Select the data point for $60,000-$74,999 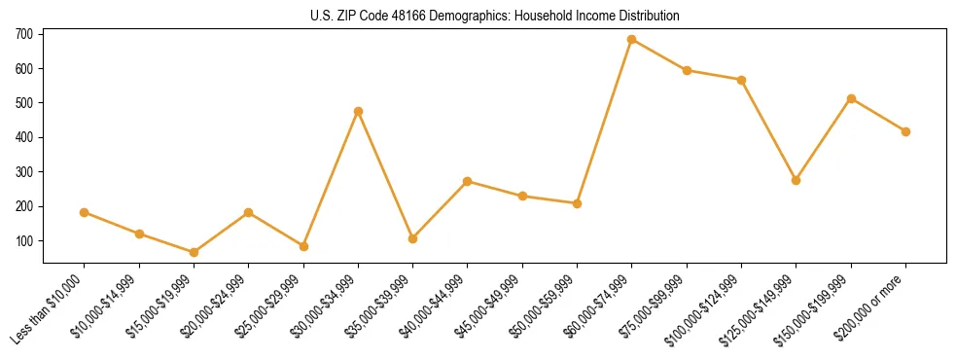click(x=632, y=40)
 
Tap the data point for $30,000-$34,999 click(x=358, y=111)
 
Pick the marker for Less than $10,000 click(x=84, y=212)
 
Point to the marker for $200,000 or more click(x=905, y=131)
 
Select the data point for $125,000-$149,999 click(x=797, y=180)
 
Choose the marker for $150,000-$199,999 click(x=851, y=98)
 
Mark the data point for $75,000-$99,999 click(x=687, y=70)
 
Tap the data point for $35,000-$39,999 click(x=412, y=238)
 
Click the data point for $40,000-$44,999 click(x=468, y=181)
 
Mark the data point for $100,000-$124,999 click(x=741, y=80)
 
